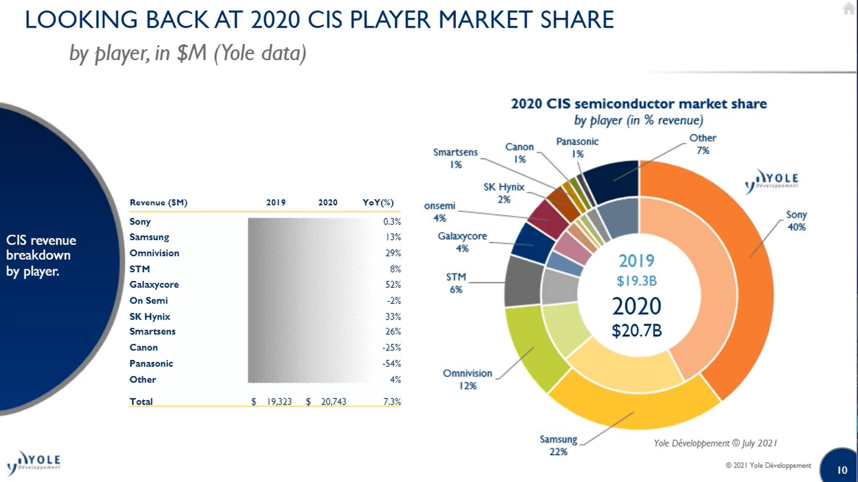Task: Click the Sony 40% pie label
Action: click(x=796, y=220)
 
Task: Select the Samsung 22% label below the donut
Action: click(x=558, y=445)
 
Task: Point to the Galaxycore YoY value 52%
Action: click(x=393, y=285)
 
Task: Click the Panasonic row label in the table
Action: click(x=151, y=363)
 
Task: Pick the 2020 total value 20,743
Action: click(x=333, y=402)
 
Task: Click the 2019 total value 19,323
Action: click(x=279, y=402)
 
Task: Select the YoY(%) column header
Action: click(x=378, y=203)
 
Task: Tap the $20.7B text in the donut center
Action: click(x=636, y=331)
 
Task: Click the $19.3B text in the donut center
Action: click(x=636, y=281)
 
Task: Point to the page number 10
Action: click(x=842, y=470)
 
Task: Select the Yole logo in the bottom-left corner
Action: click(x=34, y=462)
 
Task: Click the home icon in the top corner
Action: click(x=849, y=8)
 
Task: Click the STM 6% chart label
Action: click(x=456, y=283)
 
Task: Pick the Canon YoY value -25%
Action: click(x=391, y=347)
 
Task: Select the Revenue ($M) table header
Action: click(x=158, y=203)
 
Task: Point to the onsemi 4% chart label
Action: click(x=439, y=212)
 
